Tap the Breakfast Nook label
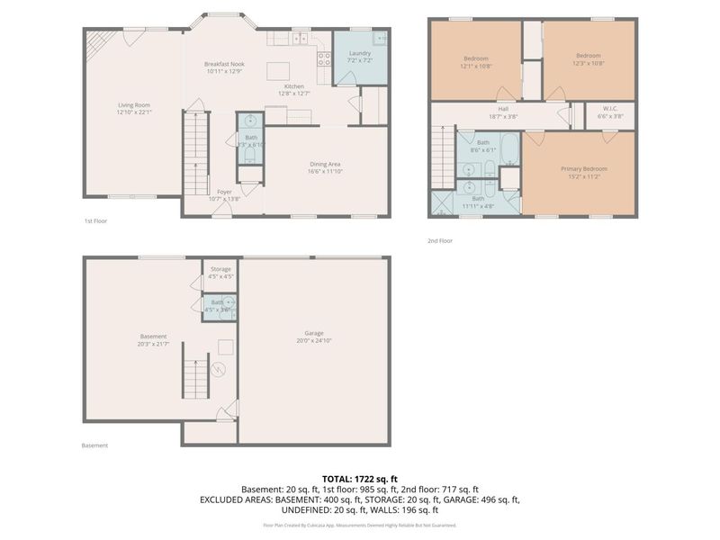click(x=224, y=64)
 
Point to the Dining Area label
click(x=323, y=164)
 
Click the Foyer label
click(x=224, y=193)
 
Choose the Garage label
click(x=313, y=336)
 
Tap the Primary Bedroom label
click(x=583, y=168)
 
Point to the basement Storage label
click(x=220, y=269)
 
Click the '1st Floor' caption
click(x=95, y=220)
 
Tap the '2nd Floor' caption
click(x=439, y=240)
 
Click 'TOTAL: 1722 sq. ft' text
click(x=360, y=478)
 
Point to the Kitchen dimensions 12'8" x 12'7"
click(x=293, y=93)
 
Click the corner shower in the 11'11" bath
click(x=443, y=202)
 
